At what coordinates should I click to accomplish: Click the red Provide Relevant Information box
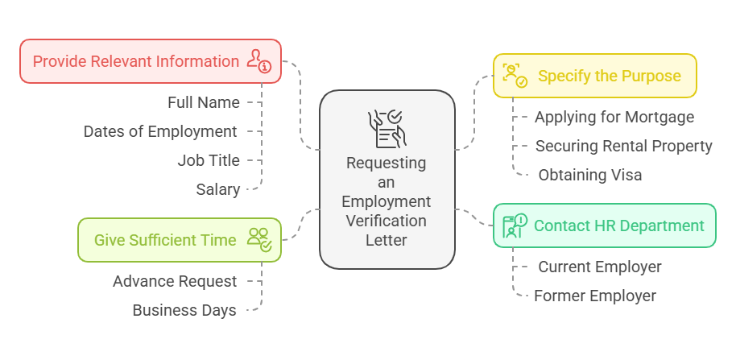pyautogui.click(x=151, y=61)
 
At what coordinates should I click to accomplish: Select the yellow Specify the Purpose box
pyautogui.click(x=594, y=76)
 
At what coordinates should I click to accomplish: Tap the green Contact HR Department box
pyautogui.click(x=604, y=226)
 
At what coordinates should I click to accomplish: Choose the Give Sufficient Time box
pyautogui.click(x=180, y=240)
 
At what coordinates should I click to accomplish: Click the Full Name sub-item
pyautogui.click(x=204, y=102)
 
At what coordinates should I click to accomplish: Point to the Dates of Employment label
pyautogui.click(x=160, y=131)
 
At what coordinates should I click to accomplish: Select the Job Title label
pyautogui.click(x=209, y=160)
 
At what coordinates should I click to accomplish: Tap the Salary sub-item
pyautogui.click(x=218, y=189)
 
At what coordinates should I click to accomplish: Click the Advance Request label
pyautogui.click(x=175, y=281)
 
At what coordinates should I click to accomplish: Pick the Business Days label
pyautogui.click(x=184, y=310)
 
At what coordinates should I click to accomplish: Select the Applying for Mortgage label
pyautogui.click(x=614, y=117)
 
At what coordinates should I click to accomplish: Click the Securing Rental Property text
pyautogui.click(x=623, y=146)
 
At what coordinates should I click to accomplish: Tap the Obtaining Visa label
pyautogui.click(x=589, y=175)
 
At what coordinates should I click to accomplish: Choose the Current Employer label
pyautogui.click(x=599, y=267)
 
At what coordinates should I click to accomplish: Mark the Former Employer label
pyautogui.click(x=594, y=296)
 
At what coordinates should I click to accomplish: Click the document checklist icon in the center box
pyautogui.click(x=387, y=129)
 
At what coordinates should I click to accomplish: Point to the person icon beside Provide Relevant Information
pyautogui.click(x=259, y=60)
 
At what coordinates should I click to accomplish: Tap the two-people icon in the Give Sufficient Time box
pyautogui.click(x=259, y=239)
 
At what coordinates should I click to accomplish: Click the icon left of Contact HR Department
pyautogui.click(x=515, y=226)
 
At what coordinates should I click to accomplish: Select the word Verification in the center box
pyautogui.click(x=387, y=220)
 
